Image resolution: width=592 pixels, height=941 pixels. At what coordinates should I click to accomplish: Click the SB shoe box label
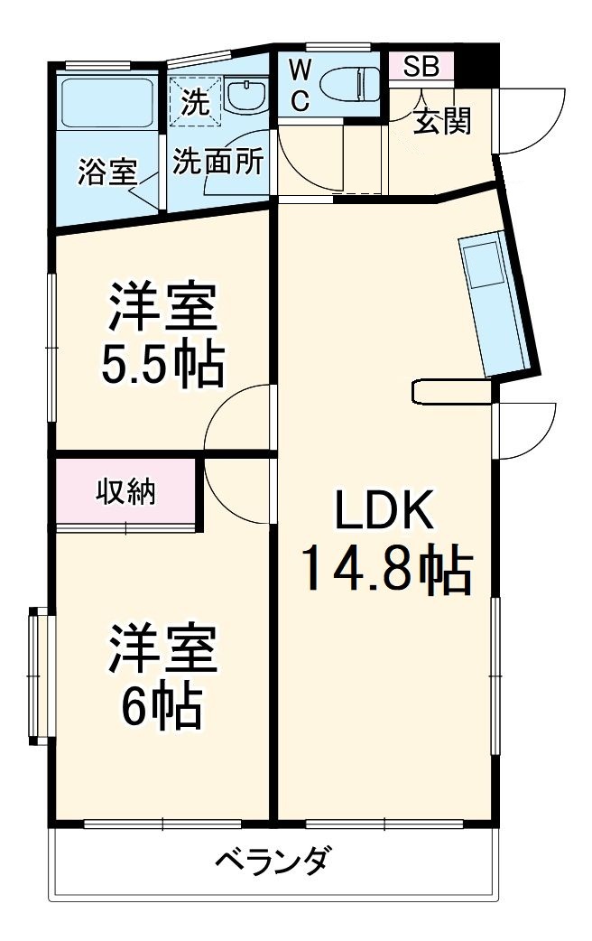(x=421, y=66)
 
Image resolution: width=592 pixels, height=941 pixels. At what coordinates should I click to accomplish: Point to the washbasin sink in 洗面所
(x=245, y=94)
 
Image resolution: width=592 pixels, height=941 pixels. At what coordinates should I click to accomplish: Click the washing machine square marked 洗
(x=193, y=98)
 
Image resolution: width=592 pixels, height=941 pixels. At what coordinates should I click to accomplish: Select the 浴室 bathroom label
(x=106, y=171)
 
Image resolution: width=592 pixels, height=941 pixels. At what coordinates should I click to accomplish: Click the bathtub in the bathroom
(x=106, y=104)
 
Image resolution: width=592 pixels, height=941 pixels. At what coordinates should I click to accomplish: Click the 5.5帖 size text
(x=162, y=364)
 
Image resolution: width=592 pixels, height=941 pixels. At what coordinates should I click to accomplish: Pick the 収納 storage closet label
(x=125, y=492)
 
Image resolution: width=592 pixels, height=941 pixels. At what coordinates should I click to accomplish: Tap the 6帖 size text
(x=162, y=707)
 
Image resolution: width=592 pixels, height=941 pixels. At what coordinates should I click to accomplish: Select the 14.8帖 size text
(x=385, y=569)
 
